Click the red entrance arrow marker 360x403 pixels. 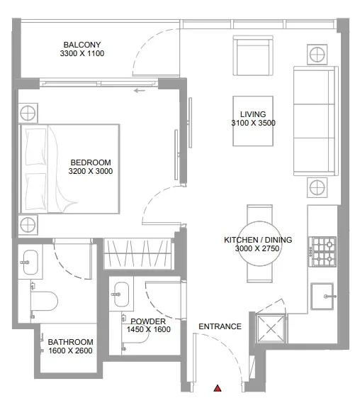pos(218,388)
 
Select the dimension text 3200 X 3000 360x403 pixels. pos(91,171)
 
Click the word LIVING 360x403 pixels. pos(253,114)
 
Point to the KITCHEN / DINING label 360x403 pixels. pos(257,240)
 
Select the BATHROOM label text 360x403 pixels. pos(70,341)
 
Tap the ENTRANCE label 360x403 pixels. pos(220,326)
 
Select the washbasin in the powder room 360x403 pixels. pos(121,291)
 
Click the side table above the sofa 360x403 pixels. pos(316,53)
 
